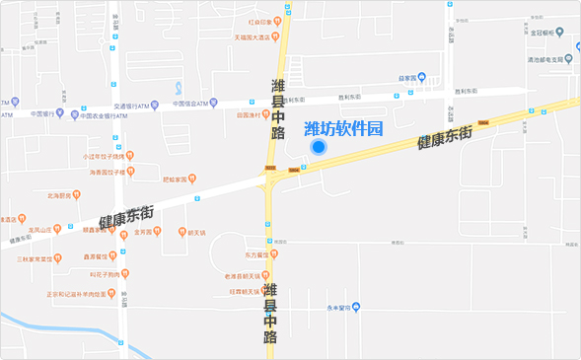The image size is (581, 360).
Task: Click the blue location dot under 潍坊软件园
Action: click(319, 147)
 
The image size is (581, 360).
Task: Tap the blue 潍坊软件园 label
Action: click(342, 128)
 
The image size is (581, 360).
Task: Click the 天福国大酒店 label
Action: click(252, 37)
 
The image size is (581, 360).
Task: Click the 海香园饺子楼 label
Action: click(108, 172)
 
